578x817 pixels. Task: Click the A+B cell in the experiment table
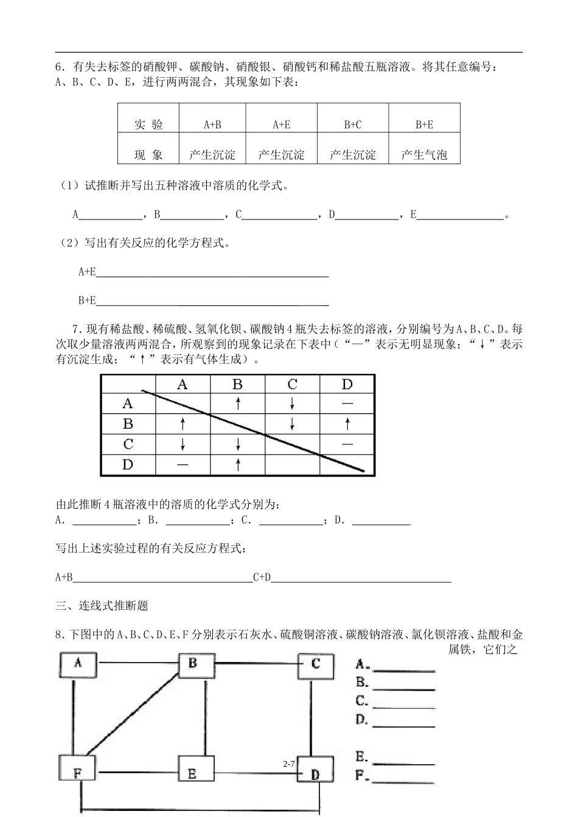pyautogui.click(x=212, y=125)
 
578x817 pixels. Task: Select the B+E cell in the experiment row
pyautogui.click(x=424, y=125)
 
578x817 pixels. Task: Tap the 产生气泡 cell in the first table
pyautogui.click(x=424, y=155)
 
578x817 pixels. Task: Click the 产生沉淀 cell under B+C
pyautogui.click(x=353, y=155)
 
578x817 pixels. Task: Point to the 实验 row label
pyautogui.click(x=148, y=125)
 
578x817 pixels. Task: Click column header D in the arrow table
pyautogui.click(x=347, y=384)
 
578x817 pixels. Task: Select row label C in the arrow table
pyautogui.click(x=128, y=444)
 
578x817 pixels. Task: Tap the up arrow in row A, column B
pyautogui.click(x=238, y=403)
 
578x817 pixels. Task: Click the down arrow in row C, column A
pyautogui.click(x=183, y=444)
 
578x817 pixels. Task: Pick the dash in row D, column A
pyautogui.click(x=183, y=464)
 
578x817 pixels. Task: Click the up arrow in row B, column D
pyautogui.click(x=347, y=423)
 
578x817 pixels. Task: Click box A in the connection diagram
pyautogui.click(x=78, y=664)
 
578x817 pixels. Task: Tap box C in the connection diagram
pyautogui.click(x=315, y=664)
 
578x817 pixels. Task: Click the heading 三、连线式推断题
pyautogui.click(x=102, y=605)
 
